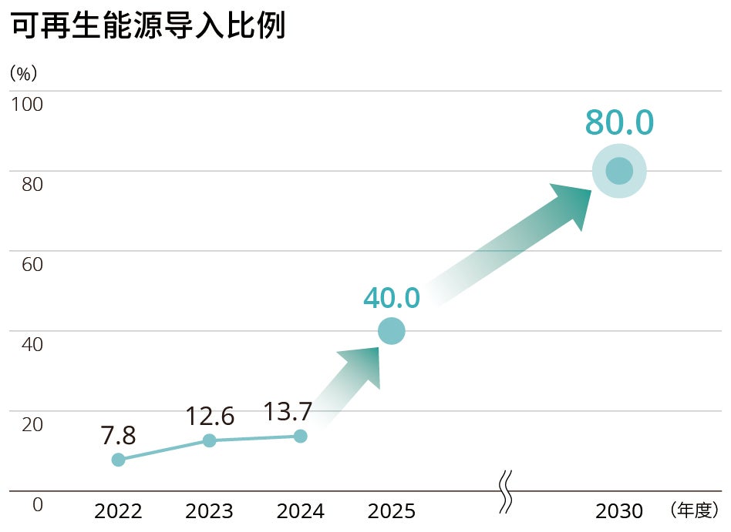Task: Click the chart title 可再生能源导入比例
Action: point(148,26)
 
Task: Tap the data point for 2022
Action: point(118,460)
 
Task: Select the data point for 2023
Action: point(209,440)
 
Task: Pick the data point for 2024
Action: point(301,437)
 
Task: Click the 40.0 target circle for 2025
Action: point(391,331)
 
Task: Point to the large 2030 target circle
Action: point(619,171)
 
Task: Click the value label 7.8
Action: point(118,436)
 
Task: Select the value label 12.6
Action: point(210,417)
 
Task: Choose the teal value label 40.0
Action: point(391,298)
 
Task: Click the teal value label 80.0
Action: point(619,123)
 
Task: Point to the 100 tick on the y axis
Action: point(26,103)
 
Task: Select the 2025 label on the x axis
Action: point(392,511)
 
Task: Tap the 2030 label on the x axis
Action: point(619,511)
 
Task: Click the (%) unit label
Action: point(23,74)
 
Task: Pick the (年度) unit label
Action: point(694,510)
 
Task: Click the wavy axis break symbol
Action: point(506,492)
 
